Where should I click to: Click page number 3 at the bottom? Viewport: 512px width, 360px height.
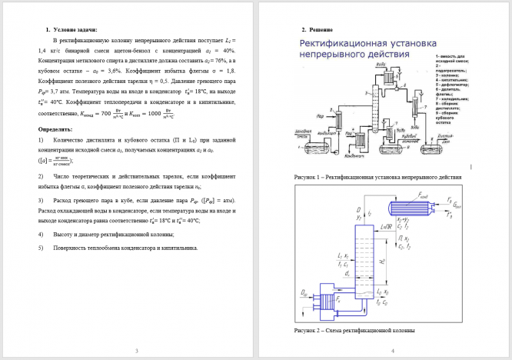pos(135,351)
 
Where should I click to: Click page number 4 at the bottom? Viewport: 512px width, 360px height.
pos(392,351)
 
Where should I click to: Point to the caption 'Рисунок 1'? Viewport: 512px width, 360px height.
pos(377,177)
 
